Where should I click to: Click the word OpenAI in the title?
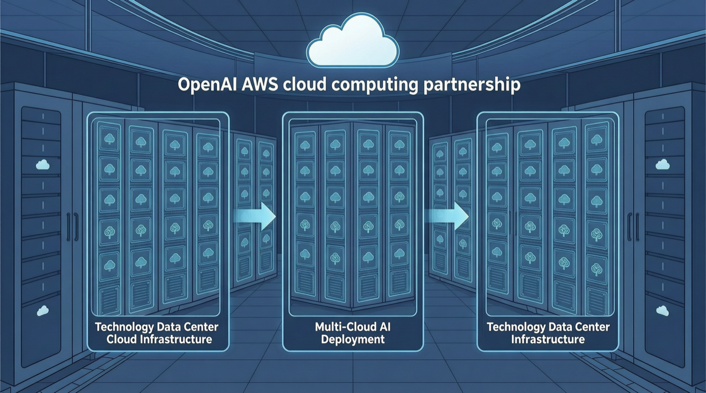(207, 85)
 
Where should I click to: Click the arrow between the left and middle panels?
(257, 216)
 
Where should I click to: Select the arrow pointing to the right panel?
(448, 216)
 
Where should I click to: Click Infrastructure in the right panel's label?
(548, 340)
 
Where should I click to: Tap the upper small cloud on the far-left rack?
(42, 165)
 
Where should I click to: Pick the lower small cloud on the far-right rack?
(663, 310)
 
